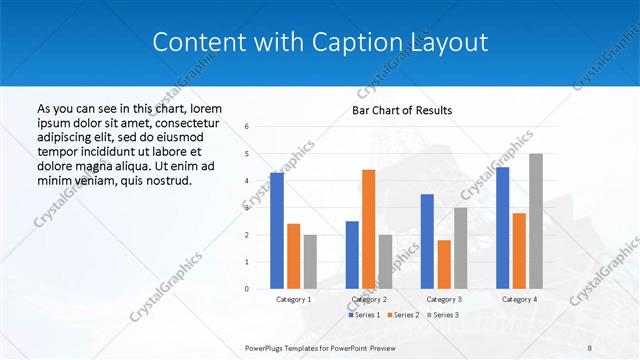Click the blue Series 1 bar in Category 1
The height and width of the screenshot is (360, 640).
tap(277, 231)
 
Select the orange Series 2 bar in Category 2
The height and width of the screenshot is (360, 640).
tap(368, 229)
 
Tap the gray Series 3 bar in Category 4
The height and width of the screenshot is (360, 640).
tap(536, 221)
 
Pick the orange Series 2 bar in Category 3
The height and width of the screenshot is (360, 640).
tap(444, 264)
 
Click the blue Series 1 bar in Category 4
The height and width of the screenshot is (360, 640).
tap(502, 228)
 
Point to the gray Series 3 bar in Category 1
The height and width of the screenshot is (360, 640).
tap(310, 262)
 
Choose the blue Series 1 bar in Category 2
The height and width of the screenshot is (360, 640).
tap(352, 255)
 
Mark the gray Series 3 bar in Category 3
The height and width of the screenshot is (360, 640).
tap(461, 248)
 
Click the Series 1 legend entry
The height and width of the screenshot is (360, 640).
tap(364, 315)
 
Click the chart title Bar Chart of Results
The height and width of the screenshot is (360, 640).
tap(402, 110)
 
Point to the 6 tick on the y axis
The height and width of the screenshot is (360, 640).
tap(247, 127)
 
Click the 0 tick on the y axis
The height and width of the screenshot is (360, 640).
tap(247, 289)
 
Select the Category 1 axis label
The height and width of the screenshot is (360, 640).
tap(293, 299)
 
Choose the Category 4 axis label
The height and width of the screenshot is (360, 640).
tap(519, 299)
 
